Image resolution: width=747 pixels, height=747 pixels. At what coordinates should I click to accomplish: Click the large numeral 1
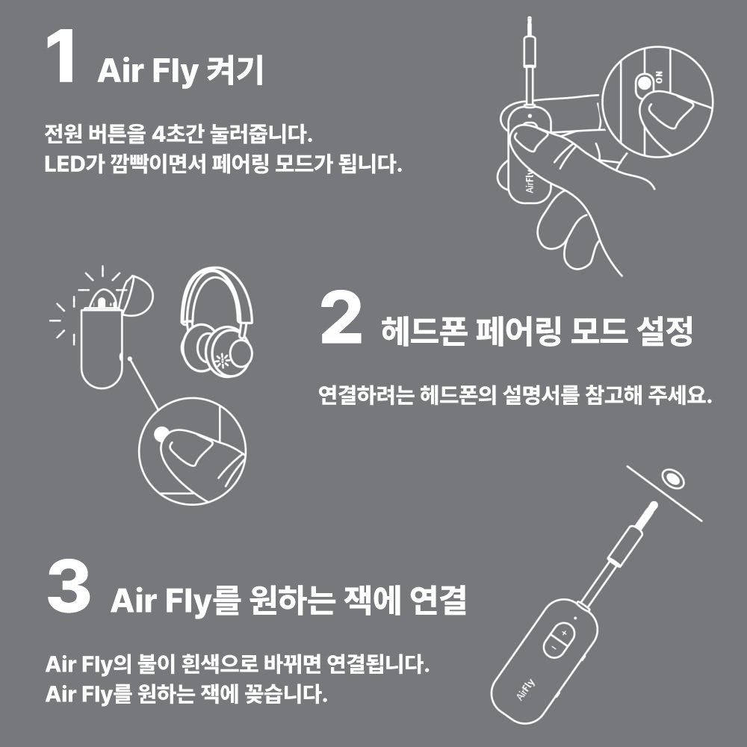tap(61, 59)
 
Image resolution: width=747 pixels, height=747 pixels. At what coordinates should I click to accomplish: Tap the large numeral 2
tap(341, 320)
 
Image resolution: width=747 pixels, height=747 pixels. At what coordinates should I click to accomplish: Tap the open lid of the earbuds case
tap(135, 292)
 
